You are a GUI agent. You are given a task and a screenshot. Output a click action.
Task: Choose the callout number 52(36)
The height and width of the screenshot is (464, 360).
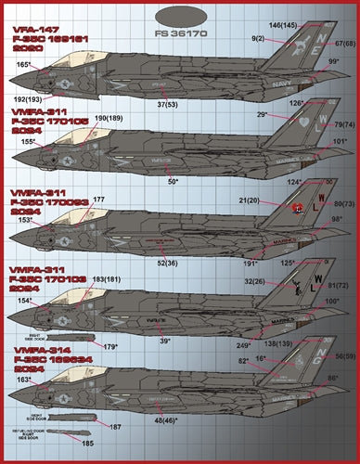[x=169, y=263]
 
